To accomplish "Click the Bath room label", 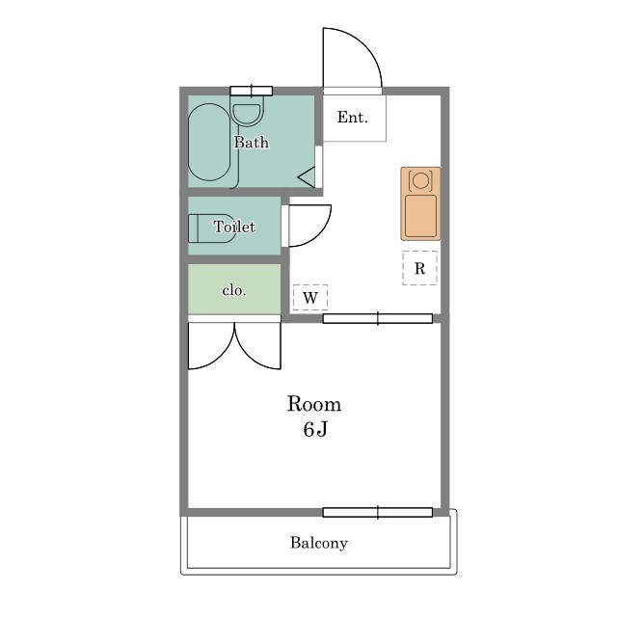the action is coord(252,142).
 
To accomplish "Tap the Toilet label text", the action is coord(234,227).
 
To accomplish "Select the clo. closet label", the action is coord(234,290).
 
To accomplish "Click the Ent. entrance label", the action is coord(352,117).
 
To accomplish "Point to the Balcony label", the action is coord(319,543).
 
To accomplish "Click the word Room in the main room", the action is coord(314,404).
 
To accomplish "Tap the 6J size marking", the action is coord(315,429).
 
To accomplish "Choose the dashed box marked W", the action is coord(310,298).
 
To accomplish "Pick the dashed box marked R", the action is coord(419,268).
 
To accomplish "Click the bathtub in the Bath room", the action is coord(209,142).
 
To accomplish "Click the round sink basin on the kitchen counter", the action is coord(420,180).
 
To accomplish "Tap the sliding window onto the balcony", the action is coord(378,512).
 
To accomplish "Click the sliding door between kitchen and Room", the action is coord(378,319).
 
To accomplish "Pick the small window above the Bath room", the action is coord(252,91).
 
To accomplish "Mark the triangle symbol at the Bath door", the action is coord(308,177).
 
